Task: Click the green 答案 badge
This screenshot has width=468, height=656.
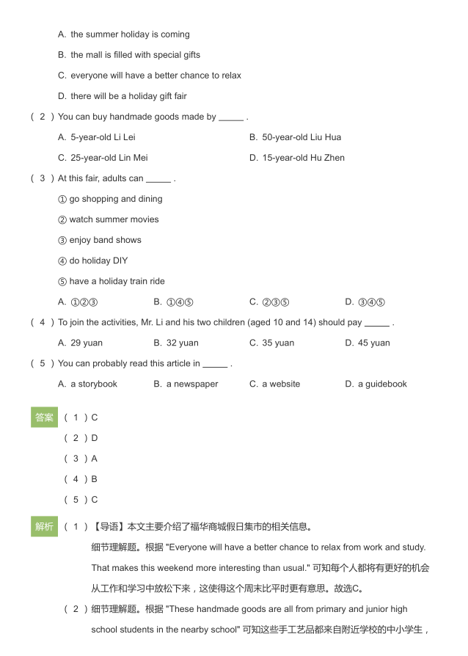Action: (x=44, y=418)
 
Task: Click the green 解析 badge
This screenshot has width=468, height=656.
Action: (x=44, y=526)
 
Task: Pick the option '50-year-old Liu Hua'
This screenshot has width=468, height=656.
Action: (x=295, y=137)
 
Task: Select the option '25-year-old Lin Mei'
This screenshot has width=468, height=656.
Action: (x=103, y=158)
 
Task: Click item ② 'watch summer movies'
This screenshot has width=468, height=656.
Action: (x=108, y=219)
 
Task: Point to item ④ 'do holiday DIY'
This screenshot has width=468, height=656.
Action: (x=92, y=260)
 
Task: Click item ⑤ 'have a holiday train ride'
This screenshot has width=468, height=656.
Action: (x=111, y=281)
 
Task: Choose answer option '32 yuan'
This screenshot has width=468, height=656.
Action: (x=176, y=343)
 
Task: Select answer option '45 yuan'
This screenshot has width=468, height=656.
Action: (x=368, y=343)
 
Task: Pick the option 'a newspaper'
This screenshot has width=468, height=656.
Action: (x=186, y=384)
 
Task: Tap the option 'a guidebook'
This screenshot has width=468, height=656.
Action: (x=376, y=384)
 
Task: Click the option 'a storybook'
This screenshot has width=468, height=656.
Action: (x=87, y=384)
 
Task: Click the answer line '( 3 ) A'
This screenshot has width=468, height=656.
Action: (x=81, y=459)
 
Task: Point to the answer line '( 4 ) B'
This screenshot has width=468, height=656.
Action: (x=81, y=479)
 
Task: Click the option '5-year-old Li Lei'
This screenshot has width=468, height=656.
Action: (x=96, y=137)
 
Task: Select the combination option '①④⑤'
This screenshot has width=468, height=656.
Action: (x=173, y=302)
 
